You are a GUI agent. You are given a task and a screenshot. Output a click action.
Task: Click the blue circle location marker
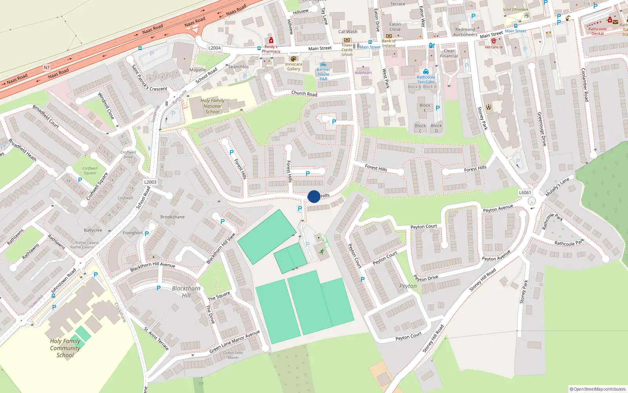click(x=314, y=196)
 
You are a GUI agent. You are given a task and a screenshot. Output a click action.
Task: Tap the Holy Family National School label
click(x=212, y=106)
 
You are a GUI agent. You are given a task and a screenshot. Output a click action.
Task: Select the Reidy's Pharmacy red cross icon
click(x=271, y=40)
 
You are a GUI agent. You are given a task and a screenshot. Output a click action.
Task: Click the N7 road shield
click(x=47, y=68)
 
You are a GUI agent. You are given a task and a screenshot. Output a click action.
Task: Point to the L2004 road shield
click(x=214, y=48)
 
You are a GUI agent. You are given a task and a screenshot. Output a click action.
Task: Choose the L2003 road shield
click(x=150, y=182)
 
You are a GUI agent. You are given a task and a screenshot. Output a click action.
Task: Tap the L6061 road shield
click(x=525, y=193)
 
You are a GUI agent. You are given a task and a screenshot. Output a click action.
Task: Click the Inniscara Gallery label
click(x=294, y=66)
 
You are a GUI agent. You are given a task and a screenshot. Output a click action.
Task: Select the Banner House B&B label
click(x=323, y=74)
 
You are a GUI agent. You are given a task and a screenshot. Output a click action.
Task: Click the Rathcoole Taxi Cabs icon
click(x=426, y=72)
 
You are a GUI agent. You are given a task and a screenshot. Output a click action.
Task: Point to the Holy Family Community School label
click(x=65, y=348)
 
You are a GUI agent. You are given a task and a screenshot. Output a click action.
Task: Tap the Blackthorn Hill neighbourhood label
click(x=186, y=292)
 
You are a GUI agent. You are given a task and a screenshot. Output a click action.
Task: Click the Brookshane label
click(x=172, y=217)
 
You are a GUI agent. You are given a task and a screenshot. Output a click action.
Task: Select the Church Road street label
click(x=304, y=94)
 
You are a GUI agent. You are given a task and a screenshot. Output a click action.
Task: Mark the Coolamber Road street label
click(x=584, y=85)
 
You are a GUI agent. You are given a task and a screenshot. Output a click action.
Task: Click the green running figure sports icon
click(x=322, y=252)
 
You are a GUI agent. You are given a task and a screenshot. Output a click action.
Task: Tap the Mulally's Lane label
click(x=557, y=187)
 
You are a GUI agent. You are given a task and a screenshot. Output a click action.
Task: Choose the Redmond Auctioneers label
click(x=465, y=32)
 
